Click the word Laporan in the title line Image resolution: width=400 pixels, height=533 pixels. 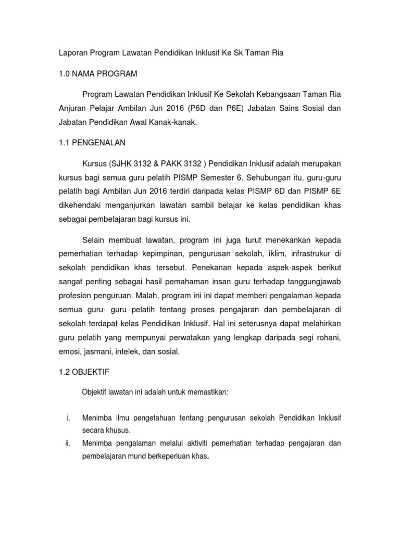click(72, 54)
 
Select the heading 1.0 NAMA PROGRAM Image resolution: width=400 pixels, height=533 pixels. click(97, 74)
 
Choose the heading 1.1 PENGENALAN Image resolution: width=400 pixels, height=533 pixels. click(92, 143)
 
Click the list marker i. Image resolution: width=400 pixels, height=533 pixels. click(69, 417)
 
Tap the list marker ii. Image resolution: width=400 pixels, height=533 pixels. click(68, 443)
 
